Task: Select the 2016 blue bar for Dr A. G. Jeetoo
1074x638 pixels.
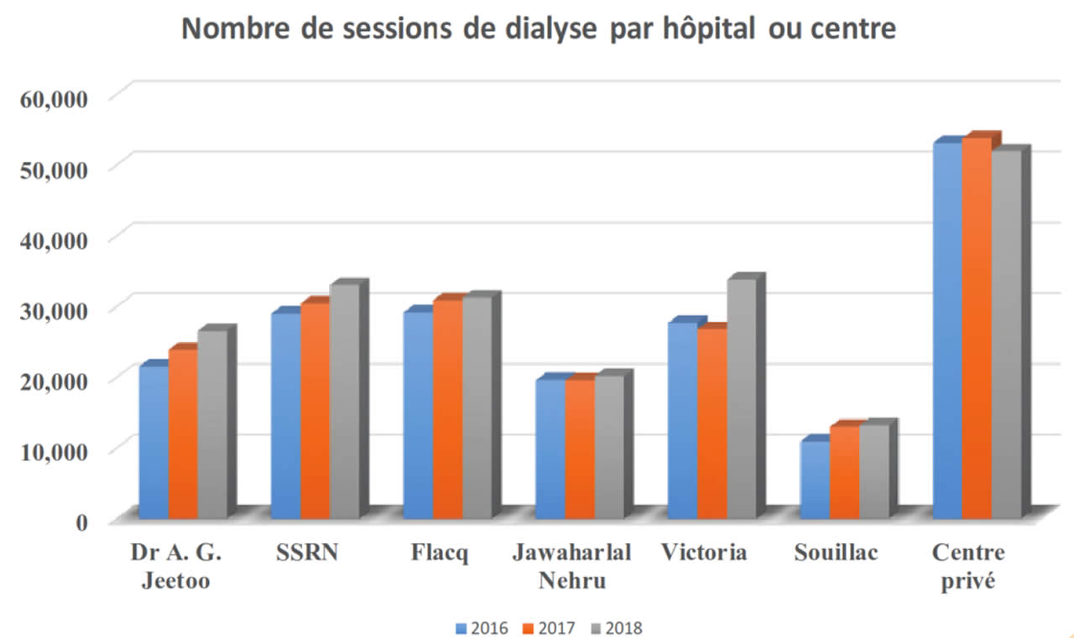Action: tap(153, 440)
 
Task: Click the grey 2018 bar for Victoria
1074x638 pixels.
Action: tap(741, 398)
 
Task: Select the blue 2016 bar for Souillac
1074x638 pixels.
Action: tap(814, 478)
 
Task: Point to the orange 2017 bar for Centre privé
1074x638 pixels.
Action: tap(976, 327)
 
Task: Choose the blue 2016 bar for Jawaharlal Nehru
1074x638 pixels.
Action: tap(550, 449)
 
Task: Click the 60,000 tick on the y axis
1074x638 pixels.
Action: tap(52, 97)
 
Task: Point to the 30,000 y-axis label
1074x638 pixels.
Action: tap(52, 309)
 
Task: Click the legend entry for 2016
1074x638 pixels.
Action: tap(482, 627)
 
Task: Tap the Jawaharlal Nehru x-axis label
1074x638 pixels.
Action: tap(571, 566)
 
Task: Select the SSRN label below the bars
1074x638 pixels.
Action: tap(307, 554)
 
